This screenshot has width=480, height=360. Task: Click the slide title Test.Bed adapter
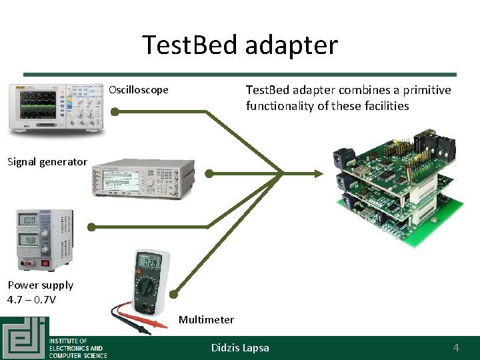click(240, 45)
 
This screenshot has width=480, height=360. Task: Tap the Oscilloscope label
click(139, 90)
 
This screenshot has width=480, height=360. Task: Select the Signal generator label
click(47, 161)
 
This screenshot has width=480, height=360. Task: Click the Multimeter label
click(206, 319)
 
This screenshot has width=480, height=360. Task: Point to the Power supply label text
click(40, 285)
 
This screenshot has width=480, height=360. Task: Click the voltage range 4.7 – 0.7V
click(32, 299)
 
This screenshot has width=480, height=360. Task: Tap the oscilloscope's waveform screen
click(38, 105)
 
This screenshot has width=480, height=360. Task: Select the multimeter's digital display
click(148, 265)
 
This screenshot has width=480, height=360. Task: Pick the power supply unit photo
click(45, 239)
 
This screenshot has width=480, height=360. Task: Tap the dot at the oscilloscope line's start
click(114, 112)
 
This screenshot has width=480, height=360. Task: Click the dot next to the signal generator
click(209, 174)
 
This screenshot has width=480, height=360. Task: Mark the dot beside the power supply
click(91, 227)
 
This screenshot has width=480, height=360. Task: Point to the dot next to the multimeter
click(173, 294)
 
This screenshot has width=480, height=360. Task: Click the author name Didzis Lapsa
click(240, 347)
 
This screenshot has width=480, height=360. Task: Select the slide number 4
click(456, 347)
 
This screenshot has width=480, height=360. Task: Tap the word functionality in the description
click(280, 106)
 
